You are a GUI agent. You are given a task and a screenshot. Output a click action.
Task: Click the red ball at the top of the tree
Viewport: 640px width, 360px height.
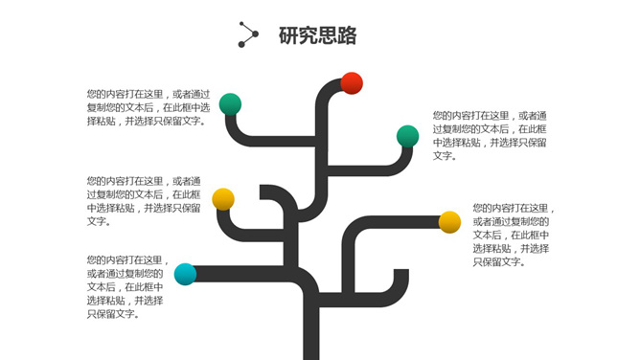[x=352, y=83]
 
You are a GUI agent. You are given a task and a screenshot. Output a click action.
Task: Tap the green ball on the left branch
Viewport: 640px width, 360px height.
[x=230, y=104]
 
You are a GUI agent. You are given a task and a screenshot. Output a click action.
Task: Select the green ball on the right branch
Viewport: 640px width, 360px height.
[x=408, y=136]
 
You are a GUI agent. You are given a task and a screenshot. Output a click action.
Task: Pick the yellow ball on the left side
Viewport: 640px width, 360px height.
[x=223, y=199]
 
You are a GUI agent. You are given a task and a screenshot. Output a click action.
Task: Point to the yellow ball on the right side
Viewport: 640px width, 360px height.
[x=449, y=222]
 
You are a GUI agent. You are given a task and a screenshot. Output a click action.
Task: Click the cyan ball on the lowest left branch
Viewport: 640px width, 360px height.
[x=186, y=274]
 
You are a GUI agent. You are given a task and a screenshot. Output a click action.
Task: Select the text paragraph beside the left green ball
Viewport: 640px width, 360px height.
[x=148, y=107]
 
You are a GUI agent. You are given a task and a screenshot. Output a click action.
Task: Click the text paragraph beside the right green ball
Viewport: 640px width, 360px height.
[x=490, y=135]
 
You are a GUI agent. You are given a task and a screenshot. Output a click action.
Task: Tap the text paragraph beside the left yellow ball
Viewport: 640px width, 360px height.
[x=144, y=201]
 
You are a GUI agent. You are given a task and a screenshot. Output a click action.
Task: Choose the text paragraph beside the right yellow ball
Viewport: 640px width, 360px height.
[x=514, y=235]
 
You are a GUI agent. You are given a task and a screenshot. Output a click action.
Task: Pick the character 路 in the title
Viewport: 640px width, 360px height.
[x=347, y=36]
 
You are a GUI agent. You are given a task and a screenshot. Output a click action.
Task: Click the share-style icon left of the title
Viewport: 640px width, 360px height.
[x=248, y=34]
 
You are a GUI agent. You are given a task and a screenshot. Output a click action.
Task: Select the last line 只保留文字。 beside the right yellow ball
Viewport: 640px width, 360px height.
[x=498, y=262]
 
